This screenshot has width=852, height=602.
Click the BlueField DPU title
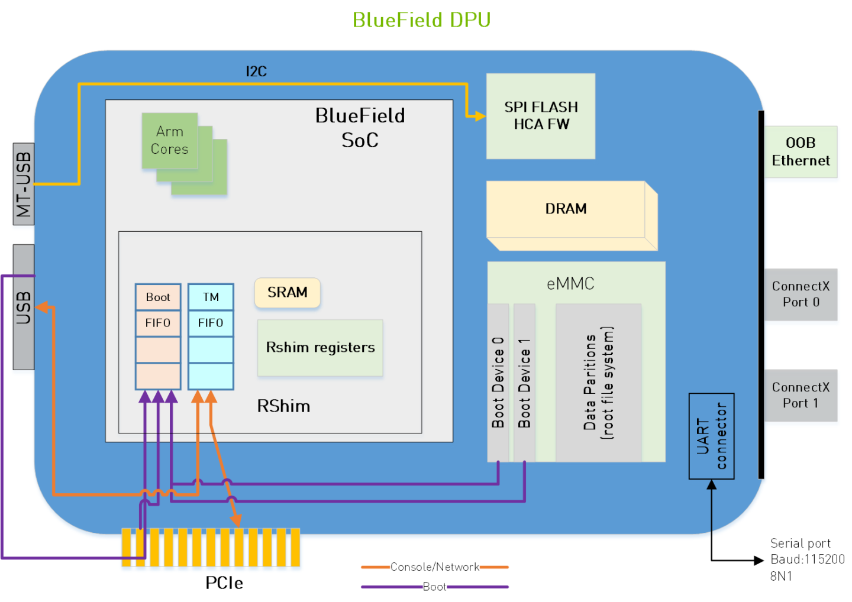pos(421,20)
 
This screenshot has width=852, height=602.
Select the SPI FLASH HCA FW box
pos(540,116)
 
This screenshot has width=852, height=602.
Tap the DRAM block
pos(566,209)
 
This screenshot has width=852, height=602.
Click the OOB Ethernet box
pos(800,152)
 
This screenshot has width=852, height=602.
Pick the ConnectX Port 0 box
pos(800,294)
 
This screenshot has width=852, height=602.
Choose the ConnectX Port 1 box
pos(800,396)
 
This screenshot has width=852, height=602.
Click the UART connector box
pos(711,436)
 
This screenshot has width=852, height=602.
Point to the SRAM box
pos(287,293)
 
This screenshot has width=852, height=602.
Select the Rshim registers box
pos(320,348)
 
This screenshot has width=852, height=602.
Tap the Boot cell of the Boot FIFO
pos(158,297)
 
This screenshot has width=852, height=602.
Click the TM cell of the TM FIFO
pos(211,297)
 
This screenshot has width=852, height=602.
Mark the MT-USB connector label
pos(24,184)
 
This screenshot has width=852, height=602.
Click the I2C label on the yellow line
pos(256,72)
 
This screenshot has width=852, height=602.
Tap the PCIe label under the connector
pos(224,583)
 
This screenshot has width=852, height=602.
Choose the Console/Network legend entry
pos(435,567)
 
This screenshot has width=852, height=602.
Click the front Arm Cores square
pos(169,141)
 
